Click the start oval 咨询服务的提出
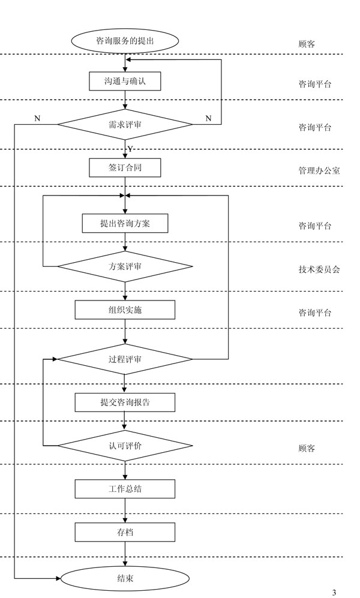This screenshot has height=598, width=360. [x=125, y=41]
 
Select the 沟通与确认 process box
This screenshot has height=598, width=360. [x=125, y=81]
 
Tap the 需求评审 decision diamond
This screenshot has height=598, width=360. [x=125, y=124]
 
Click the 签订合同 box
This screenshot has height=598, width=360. [x=125, y=168]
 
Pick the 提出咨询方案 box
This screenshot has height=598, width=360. [x=125, y=223]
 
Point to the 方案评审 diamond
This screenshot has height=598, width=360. [x=125, y=266]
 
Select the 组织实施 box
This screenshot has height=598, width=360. [x=125, y=309]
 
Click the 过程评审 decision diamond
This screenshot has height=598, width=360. [x=125, y=359]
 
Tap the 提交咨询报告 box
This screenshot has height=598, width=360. [x=125, y=402]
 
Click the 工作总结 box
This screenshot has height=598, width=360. [x=125, y=488]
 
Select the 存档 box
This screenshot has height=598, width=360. [x=125, y=532]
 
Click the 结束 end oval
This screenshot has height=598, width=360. [x=125, y=578]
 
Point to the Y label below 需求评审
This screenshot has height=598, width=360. [x=130, y=148]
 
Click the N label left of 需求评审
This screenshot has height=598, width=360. [x=37, y=118]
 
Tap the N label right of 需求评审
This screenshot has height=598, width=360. [x=208, y=118]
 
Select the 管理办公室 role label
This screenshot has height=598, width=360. [x=319, y=170]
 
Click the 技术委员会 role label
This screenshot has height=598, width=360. [x=319, y=269]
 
